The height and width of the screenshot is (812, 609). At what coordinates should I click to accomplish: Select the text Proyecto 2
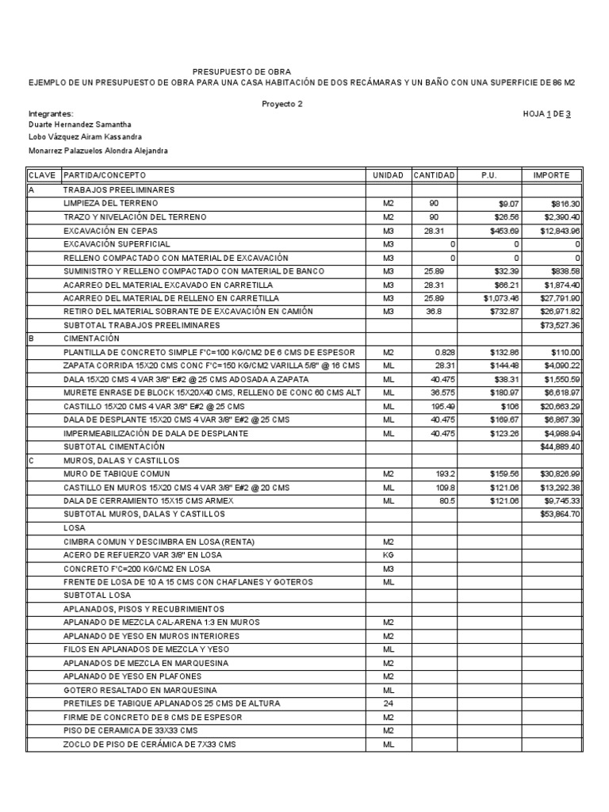(282, 103)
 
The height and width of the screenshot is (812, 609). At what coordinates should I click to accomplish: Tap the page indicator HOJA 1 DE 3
(546, 113)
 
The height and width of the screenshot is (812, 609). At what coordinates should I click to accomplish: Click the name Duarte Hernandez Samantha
(79, 124)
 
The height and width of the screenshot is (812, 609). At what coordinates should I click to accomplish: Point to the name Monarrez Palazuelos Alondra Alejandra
(98, 151)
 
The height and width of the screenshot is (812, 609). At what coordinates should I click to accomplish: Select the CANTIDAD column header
(434, 175)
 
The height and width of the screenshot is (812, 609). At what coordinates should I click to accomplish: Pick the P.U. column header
(489, 175)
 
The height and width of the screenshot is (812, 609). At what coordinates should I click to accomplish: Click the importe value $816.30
(565, 203)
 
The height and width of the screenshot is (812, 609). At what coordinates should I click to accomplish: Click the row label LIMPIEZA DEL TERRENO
(108, 203)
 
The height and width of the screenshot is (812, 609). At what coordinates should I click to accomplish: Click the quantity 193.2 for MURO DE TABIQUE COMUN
(442, 473)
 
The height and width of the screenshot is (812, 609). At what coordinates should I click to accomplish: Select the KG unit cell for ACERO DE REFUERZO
(389, 555)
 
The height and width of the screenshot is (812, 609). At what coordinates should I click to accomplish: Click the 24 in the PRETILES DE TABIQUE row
(389, 703)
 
